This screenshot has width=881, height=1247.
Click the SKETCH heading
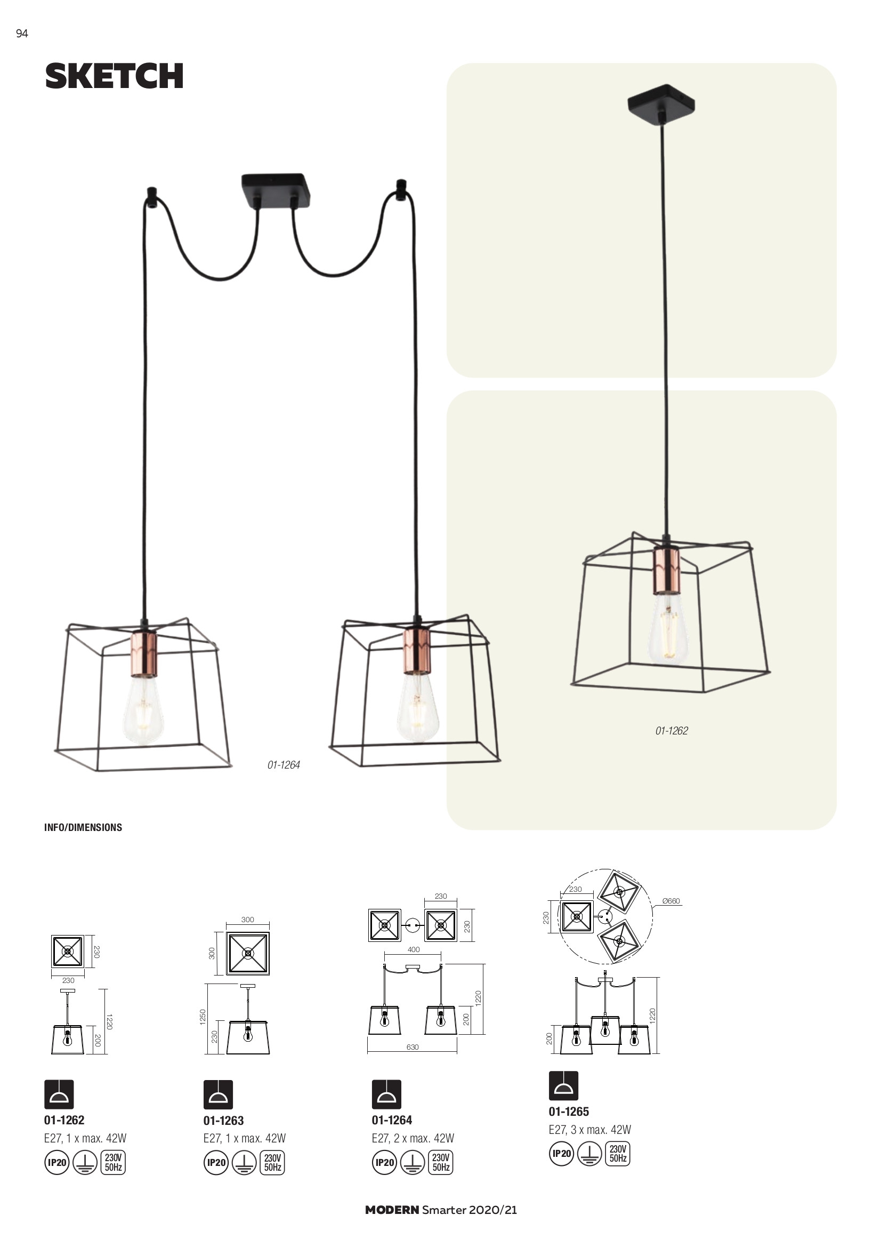(x=114, y=76)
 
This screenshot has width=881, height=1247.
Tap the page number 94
(x=22, y=34)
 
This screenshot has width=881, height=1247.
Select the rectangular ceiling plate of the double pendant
(x=276, y=189)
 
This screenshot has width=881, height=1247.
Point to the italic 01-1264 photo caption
(x=284, y=765)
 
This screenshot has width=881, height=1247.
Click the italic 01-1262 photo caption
(x=672, y=731)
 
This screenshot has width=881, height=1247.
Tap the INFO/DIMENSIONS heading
(x=83, y=827)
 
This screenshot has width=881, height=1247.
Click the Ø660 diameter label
(x=671, y=901)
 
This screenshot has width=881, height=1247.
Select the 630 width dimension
(x=413, y=1046)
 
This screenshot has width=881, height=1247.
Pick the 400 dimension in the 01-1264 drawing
(x=414, y=949)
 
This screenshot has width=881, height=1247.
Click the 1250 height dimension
(x=203, y=1017)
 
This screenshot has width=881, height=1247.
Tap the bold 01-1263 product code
(x=224, y=1121)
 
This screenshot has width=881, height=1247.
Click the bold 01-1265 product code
(x=569, y=1111)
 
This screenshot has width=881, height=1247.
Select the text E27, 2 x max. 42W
(x=413, y=1138)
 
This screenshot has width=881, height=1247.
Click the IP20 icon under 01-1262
(x=57, y=1163)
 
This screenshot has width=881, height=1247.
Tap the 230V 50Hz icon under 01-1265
(x=618, y=1154)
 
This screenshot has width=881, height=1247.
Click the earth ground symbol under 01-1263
(x=245, y=1163)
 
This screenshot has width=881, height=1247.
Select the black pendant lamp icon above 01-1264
(x=386, y=1094)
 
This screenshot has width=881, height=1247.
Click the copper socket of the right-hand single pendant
(x=666, y=570)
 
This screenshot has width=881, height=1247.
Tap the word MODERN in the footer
(x=392, y=1210)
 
